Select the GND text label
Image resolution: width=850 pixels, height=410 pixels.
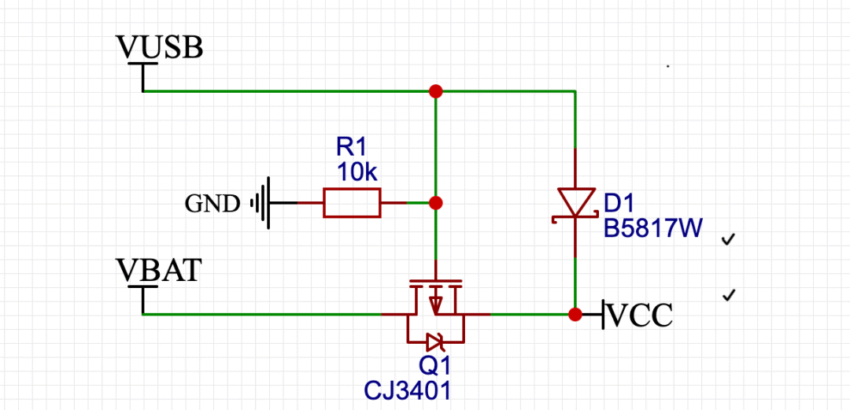[212, 204]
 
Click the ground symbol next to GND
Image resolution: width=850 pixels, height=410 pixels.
[263, 203]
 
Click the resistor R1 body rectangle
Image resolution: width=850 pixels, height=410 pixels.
[351, 203]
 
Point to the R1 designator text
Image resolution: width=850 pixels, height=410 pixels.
[352, 146]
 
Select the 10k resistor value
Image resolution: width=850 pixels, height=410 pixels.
[357, 172]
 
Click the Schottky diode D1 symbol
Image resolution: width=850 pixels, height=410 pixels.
[575, 204]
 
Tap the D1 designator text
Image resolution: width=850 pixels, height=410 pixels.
[619, 204]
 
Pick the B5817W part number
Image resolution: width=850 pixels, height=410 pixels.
[652, 228]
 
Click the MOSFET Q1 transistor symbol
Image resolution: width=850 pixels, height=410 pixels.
[435, 303]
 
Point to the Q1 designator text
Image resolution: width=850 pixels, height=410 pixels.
[434, 366]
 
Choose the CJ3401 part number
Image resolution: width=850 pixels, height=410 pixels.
[409, 390]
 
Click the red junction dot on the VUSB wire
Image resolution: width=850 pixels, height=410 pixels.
[435, 91]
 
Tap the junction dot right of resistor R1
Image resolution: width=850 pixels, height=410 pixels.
[436, 203]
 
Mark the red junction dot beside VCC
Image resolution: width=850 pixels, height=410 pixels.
[575, 315]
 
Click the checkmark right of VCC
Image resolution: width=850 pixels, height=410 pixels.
[730, 295]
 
